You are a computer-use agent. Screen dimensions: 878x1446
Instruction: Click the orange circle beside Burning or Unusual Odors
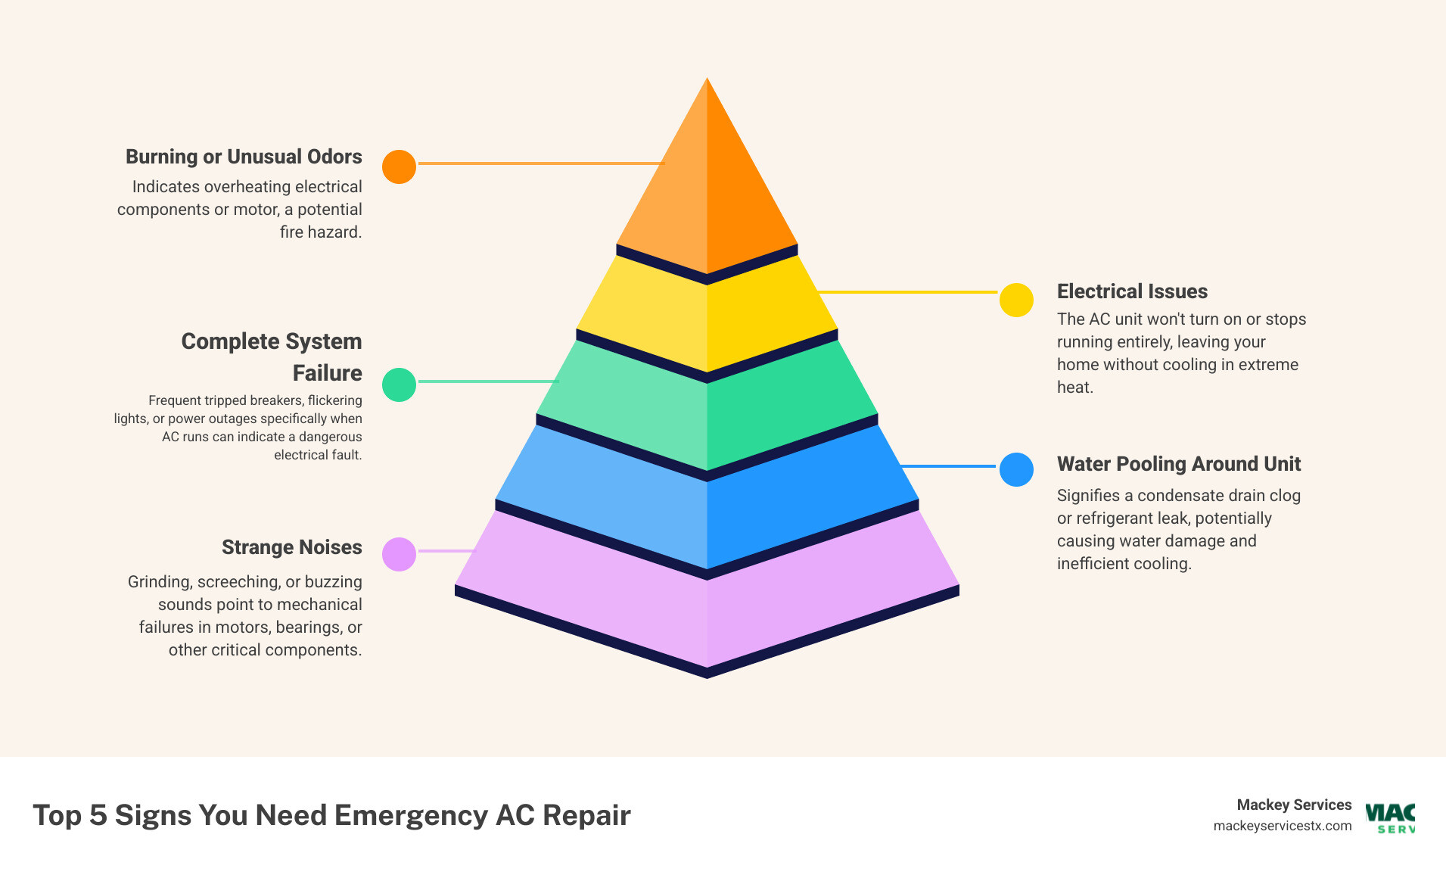pos(399,167)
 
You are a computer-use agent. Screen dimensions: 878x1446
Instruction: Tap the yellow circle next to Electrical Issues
pos(1016,300)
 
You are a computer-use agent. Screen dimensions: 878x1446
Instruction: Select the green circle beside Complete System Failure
pos(399,385)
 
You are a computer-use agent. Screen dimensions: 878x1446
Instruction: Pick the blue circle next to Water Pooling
pos(1016,470)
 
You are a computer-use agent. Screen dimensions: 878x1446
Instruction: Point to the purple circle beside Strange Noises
pos(399,554)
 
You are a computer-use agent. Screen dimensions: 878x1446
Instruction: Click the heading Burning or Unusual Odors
pos(244,157)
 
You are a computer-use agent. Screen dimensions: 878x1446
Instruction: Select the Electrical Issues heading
pos(1132,291)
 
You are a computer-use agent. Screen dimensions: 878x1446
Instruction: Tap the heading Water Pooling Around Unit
pos(1178,464)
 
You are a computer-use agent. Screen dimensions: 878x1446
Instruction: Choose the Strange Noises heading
pos(291,547)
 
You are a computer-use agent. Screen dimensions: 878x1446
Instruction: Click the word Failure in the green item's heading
pos(327,373)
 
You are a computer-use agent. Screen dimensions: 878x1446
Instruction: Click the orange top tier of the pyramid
pos(707,189)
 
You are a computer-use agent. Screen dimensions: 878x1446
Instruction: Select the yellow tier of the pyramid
pos(707,318)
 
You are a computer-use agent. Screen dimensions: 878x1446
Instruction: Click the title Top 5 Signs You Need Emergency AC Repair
pos(331,815)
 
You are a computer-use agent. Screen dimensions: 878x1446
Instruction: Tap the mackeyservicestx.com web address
pos(1282,826)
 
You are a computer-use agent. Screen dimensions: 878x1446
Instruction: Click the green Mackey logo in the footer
pos(1391,817)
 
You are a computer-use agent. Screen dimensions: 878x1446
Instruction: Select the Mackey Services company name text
pos(1294,805)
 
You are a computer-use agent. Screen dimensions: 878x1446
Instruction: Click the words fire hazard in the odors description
pos(320,232)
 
